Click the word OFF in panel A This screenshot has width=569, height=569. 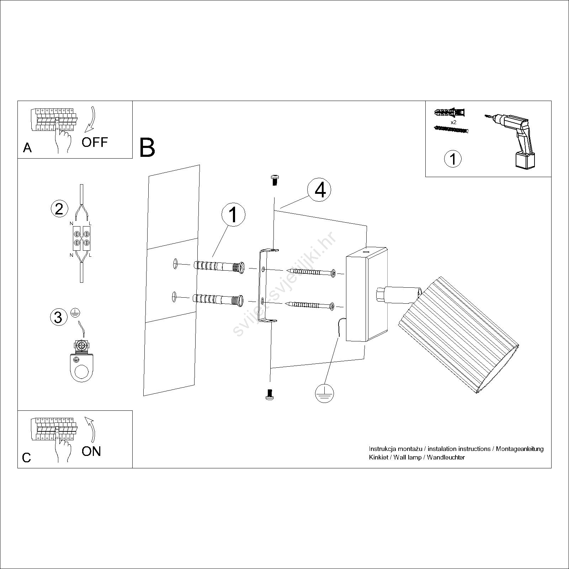(x=94, y=142)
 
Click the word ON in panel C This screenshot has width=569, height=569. (x=91, y=451)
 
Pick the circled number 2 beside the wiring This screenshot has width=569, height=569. (x=59, y=209)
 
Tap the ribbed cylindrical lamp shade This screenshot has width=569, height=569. (x=459, y=334)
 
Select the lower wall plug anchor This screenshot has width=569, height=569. (x=218, y=299)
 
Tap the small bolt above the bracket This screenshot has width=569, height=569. (x=274, y=180)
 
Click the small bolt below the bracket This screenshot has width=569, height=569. (x=270, y=394)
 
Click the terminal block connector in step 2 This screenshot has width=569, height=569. (x=81, y=238)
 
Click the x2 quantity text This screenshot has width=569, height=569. (x=453, y=122)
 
